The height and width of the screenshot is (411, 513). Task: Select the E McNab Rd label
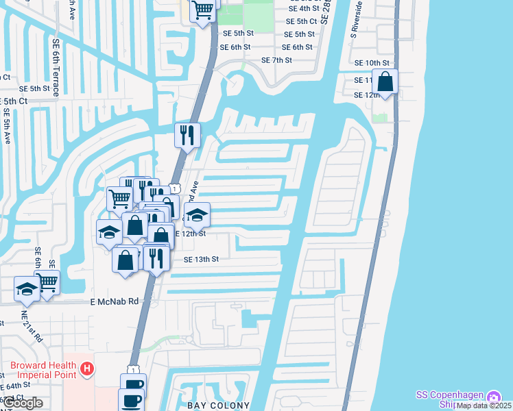114,301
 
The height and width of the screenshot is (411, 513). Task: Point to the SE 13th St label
201,260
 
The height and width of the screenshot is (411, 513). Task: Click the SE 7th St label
276,60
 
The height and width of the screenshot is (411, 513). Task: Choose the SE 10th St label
372,62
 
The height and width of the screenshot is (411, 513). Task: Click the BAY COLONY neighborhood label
219,406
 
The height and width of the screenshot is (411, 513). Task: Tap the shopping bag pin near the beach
386,82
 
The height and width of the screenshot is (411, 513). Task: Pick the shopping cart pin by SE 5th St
203,10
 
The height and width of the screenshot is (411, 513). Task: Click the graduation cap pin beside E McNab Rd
27,288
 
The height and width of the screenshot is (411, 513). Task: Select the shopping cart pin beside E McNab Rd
47,281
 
